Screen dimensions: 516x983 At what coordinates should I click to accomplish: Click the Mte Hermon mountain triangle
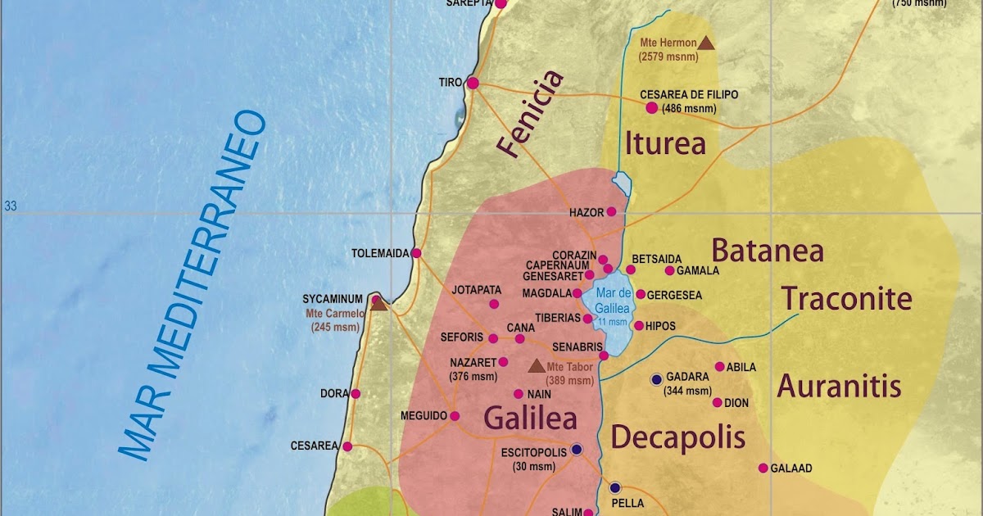click(x=706, y=43)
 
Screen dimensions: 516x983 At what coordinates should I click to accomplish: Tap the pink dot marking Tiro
click(x=473, y=83)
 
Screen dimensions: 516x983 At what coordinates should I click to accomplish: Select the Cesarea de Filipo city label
click(x=688, y=95)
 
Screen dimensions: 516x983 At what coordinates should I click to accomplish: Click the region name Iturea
click(x=665, y=143)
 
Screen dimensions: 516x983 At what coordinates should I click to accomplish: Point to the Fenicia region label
click(x=531, y=113)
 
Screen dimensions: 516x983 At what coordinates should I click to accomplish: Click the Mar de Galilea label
click(x=613, y=300)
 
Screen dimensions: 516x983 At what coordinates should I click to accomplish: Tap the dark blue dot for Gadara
click(x=656, y=379)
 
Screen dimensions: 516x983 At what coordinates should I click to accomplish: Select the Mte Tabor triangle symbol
click(x=537, y=365)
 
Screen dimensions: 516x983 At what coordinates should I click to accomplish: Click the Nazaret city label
click(x=473, y=362)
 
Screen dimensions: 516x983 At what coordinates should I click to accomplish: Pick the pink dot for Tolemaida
click(x=416, y=253)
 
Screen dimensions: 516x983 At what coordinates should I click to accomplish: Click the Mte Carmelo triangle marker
click(x=378, y=302)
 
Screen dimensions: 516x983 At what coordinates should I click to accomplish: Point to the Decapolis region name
click(x=678, y=437)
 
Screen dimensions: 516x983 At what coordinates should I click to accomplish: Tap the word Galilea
click(x=530, y=418)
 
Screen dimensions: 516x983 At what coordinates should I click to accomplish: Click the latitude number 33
click(x=11, y=206)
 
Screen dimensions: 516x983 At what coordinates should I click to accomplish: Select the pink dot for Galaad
click(x=763, y=468)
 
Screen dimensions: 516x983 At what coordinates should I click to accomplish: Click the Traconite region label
click(x=846, y=300)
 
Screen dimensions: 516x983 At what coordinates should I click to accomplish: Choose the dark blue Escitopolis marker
click(x=577, y=449)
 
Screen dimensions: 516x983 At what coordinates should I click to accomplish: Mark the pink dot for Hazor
click(x=611, y=211)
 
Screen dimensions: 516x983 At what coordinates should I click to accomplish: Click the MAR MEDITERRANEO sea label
click(x=193, y=287)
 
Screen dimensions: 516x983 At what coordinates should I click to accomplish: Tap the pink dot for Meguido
click(x=455, y=415)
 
